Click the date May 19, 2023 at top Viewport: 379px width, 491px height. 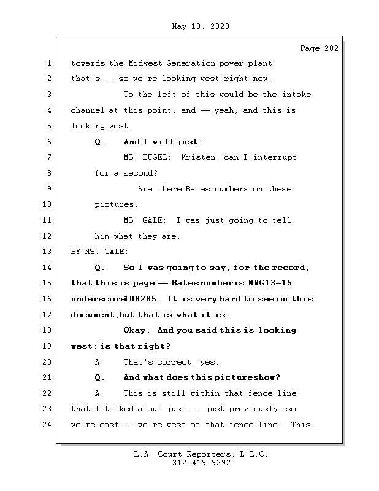[x=201, y=26]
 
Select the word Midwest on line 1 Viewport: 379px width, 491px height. [x=145, y=63]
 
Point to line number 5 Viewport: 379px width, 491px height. [x=49, y=126]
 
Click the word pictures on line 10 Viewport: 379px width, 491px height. [x=116, y=204]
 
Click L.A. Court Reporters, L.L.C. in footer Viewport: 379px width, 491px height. [x=201, y=455]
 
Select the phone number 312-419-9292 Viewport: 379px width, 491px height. [x=202, y=463]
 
